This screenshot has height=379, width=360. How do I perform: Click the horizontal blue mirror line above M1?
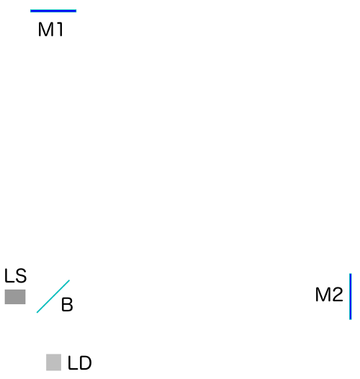53,11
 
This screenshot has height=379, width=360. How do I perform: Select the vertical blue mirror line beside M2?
351,297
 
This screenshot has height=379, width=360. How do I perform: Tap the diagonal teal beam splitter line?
53,296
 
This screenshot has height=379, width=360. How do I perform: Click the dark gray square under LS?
15,297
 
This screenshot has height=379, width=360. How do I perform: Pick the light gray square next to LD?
53,362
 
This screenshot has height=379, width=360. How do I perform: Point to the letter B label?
67,305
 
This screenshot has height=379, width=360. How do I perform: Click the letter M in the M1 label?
45,30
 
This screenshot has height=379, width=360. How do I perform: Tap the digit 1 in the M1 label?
60,30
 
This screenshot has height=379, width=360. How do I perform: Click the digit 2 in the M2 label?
338,295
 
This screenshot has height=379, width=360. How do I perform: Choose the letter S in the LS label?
21,275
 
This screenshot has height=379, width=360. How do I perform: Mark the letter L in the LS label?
9,275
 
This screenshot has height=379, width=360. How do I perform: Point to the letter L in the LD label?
73,363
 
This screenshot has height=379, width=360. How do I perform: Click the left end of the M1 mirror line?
30,11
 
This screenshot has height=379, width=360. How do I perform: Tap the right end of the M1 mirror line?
76,11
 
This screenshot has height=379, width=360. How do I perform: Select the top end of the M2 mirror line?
351,274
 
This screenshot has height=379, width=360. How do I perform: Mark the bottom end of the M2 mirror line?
351,319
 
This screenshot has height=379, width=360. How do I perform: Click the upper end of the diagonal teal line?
69,280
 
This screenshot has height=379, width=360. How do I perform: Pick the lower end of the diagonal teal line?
37,313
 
